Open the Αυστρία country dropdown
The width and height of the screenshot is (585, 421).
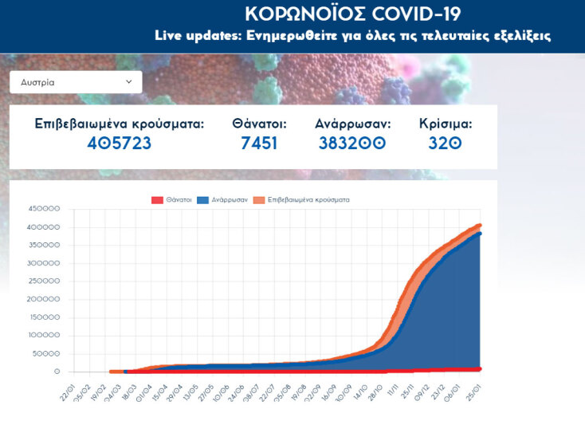76,82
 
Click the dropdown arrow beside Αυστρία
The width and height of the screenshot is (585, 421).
129,81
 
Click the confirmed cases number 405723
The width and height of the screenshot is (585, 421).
119,144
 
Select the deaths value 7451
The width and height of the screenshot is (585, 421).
259,144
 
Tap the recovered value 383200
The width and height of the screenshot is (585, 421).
351,144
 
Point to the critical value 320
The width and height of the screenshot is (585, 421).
446,144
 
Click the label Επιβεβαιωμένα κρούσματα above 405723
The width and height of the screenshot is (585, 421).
119,124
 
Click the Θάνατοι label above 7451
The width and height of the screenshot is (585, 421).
259,124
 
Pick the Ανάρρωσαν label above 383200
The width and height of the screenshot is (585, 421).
351,124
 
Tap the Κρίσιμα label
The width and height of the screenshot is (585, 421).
446,124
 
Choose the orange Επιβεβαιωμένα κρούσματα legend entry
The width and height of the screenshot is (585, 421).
304,199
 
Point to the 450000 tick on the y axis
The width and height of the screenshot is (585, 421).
44,209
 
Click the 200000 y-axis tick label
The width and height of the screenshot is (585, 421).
44,299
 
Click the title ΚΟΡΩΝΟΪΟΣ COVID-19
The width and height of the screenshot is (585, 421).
352,14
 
